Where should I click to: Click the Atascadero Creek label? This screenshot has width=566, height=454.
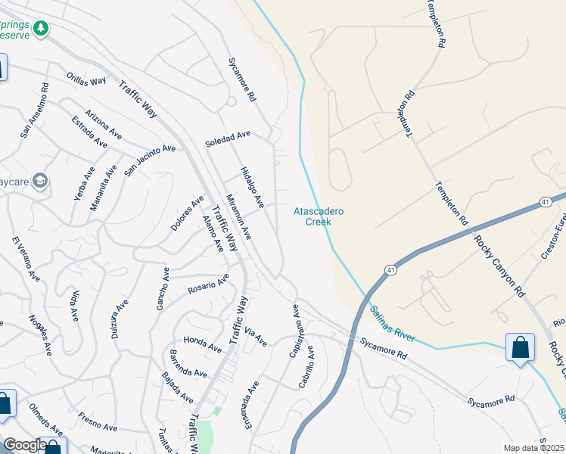(319, 216)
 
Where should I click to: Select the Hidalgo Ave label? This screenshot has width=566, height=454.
(252, 188)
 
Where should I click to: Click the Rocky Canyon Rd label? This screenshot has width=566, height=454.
(499, 266)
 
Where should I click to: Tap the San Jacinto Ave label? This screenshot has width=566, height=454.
(150, 160)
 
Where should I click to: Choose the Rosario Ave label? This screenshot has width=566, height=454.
(208, 286)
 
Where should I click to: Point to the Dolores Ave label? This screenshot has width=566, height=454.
(187, 214)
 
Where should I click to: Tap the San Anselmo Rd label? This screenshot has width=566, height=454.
(36, 110)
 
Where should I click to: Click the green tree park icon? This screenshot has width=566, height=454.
(41, 29)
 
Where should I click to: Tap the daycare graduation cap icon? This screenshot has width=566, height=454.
(40, 181)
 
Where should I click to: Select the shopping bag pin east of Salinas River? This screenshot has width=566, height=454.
(520, 348)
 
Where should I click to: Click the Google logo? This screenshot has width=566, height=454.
(24, 445)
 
